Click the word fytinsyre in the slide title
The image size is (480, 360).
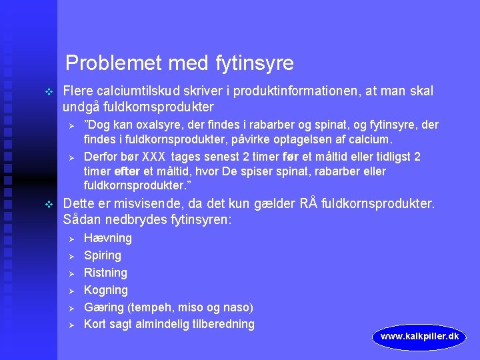pos(255,63)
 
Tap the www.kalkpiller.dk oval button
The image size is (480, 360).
pos(419,337)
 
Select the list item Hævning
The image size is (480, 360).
pos(107,238)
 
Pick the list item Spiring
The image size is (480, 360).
pos(102,255)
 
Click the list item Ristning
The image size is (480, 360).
pos(105,273)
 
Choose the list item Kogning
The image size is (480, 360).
pos(105,290)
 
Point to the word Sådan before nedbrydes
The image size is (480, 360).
pos(81,219)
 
